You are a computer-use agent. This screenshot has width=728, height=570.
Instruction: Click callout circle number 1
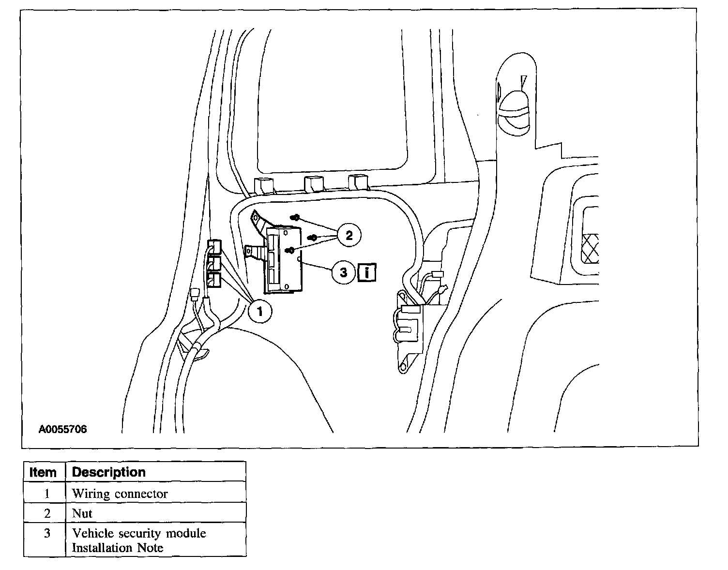260,311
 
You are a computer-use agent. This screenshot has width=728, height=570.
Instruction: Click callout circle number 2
349,236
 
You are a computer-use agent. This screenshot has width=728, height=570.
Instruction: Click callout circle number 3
343,272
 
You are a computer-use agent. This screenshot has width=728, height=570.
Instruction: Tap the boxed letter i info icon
367,272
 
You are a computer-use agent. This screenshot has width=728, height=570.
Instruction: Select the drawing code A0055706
63,429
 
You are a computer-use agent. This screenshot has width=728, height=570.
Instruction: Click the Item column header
43,472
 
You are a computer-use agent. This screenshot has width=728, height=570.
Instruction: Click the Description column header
108,472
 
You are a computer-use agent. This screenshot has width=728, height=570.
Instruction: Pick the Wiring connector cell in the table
120,494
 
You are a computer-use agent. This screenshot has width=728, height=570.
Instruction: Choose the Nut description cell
82,513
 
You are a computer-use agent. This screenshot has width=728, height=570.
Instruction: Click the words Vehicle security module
139,533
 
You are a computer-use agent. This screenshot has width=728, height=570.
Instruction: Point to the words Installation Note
118,548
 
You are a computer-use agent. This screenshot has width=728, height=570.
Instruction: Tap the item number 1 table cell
47,494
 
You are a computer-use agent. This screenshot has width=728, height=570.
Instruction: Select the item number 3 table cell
47,533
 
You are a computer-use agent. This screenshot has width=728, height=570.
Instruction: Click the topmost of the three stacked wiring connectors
214,247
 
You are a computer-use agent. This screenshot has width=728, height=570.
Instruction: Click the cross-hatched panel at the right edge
591,249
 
